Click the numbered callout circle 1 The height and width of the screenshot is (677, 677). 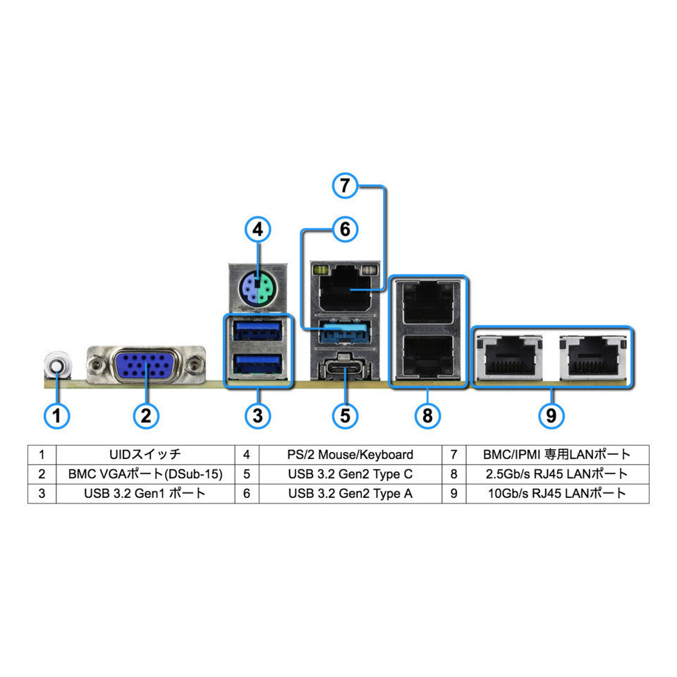coord(57,415)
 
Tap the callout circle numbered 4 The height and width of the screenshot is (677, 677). coord(257,229)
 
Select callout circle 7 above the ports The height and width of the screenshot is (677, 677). coord(344,186)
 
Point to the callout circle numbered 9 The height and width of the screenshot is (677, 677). coord(551,415)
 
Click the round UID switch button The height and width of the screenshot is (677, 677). coord(56,365)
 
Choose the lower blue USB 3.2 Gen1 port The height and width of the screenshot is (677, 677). coord(257,363)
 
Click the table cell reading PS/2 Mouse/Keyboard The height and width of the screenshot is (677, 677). coord(350,454)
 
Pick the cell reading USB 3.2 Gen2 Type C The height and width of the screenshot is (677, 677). coord(350,474)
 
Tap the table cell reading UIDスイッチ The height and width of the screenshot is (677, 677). coord(145,454)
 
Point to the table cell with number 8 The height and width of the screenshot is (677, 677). coord(453,474)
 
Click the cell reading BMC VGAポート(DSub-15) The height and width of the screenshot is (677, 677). coord(145,474)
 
